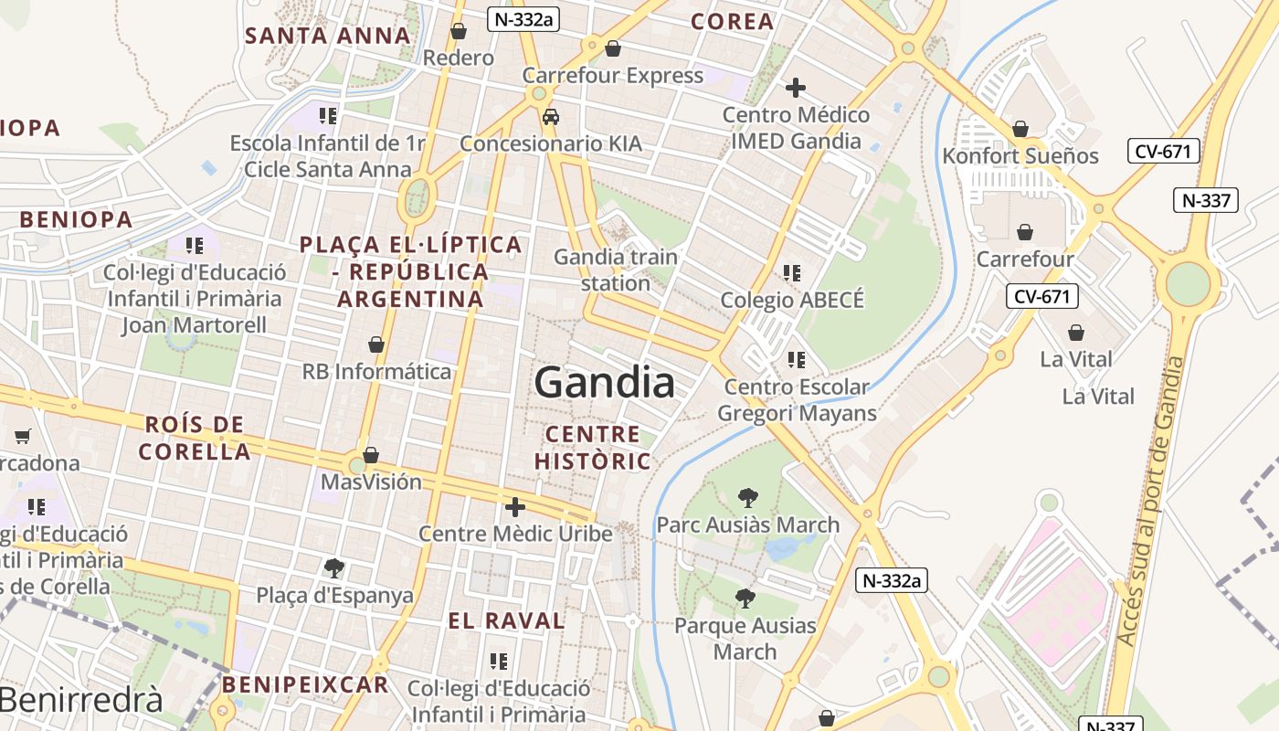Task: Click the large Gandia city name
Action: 605,382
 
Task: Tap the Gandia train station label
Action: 616,270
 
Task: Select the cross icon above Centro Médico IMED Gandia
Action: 796,88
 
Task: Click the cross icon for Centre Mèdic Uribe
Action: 515,507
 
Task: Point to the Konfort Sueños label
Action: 1020,155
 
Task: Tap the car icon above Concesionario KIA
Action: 551,117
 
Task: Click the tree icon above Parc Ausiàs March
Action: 748,498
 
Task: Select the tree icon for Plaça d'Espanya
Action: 334,568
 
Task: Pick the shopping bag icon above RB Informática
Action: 375,344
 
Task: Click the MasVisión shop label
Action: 371,482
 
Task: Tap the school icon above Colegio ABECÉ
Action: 792,272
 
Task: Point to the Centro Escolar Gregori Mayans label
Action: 797,400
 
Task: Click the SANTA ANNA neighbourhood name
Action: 328,36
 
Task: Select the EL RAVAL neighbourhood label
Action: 506,620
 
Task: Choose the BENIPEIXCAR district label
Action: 305,684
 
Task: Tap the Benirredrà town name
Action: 81,700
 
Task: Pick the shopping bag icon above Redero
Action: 459,31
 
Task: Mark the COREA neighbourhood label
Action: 732,22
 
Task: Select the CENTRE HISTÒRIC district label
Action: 592,447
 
